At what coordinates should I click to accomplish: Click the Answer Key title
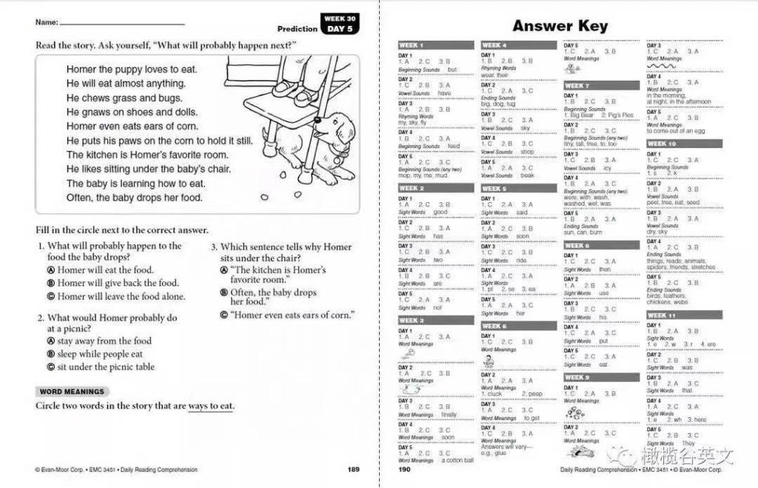point(560,26)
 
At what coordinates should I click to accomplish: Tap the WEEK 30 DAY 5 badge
point(340,24)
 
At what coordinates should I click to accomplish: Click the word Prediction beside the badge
point(298,29)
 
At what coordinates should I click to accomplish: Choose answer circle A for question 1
point(51,270)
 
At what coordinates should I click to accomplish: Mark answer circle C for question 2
point(51,367)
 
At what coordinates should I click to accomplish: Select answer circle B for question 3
point(224,293)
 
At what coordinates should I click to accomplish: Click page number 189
point(353,469)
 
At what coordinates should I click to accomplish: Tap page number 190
point(405,469)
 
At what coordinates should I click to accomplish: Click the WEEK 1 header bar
point(436,45)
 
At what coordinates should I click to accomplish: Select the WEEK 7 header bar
point(601,86)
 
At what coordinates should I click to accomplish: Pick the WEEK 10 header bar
point(684,144)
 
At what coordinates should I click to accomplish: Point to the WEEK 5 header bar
point(518,189)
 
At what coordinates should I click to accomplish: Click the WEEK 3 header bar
point(436,321)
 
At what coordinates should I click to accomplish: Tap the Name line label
point(47,22)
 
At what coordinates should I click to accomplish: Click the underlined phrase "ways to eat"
point(210,406)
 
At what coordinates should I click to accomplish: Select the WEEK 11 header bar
point(684,315)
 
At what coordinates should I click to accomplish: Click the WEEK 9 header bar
point(601,378)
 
